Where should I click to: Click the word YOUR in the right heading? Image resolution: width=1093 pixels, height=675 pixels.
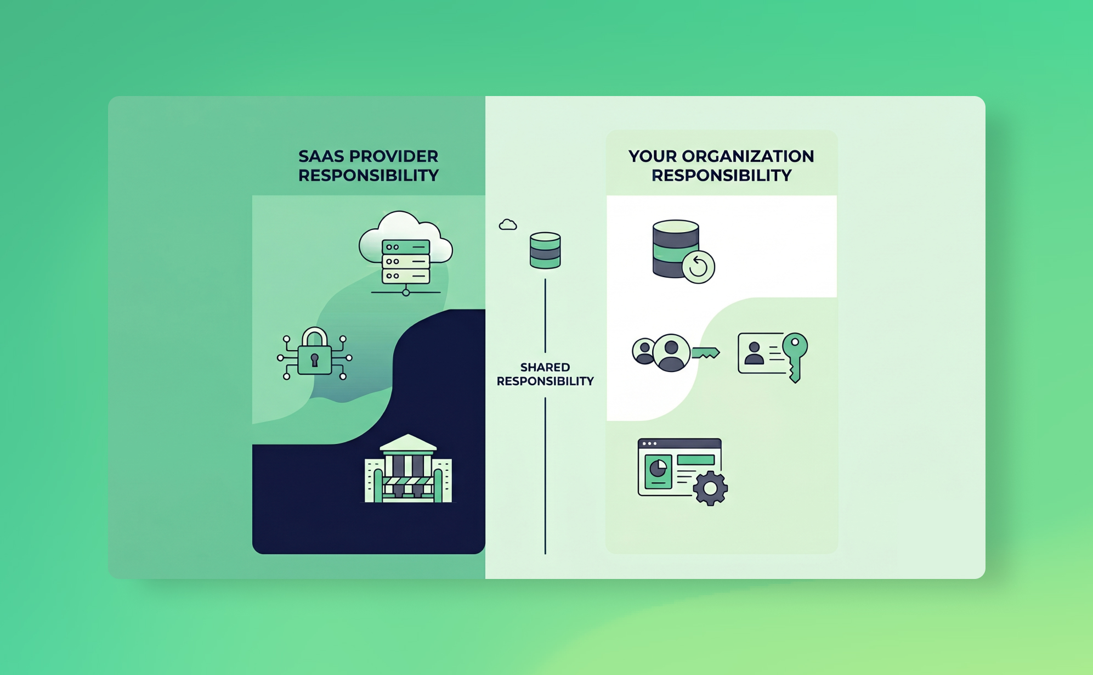[x=653, y=156]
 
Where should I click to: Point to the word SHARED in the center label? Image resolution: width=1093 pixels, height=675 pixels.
[x=545, y=367]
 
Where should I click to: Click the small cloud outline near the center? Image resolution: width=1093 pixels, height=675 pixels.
[x=508, y=224]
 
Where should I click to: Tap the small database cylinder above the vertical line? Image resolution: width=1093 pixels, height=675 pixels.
[x=545, y=251]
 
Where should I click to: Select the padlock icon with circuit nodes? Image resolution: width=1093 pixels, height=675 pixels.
[x=314, y=355]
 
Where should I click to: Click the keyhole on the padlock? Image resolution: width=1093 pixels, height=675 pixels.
[x=314, y=360]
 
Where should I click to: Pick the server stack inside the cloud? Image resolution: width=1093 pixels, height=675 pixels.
[x=406, y=261]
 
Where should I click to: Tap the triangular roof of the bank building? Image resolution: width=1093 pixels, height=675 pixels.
[x=408, y=442]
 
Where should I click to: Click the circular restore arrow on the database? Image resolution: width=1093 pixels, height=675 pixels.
[x=698, y=267]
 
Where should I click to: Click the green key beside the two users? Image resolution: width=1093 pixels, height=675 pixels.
[x=705, y=353]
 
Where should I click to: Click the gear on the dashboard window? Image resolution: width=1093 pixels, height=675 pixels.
[x=710, y=488]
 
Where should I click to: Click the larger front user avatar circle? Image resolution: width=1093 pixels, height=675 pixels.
[x=671, y=353]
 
